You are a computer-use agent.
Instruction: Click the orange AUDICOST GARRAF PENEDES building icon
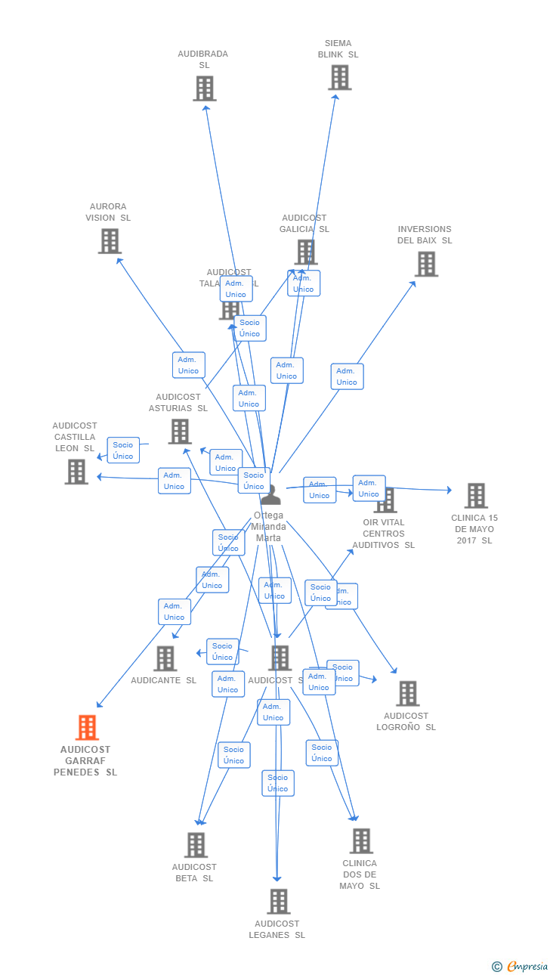tap(88, 727)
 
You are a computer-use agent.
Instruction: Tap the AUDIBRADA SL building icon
tap(204, 88)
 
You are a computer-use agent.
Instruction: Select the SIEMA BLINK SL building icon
tap(339, 77)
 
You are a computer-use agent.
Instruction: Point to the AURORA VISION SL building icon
tap(110, 241)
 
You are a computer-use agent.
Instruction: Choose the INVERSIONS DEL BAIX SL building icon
tap(426, 264)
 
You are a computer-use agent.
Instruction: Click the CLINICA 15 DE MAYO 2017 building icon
tap(475, 495)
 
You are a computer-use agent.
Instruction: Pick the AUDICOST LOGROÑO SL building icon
tap(407, 693)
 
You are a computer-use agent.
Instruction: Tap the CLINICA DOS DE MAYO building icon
tap(361, 840)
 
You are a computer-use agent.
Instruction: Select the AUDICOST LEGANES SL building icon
tap(278, 901)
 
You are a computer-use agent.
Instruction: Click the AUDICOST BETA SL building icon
tap(195, 845)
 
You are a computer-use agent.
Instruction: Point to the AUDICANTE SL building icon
tap(165, 658)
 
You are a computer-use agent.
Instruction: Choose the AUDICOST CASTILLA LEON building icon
tap(76, 472)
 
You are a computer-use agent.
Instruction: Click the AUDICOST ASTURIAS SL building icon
tap(180, 431)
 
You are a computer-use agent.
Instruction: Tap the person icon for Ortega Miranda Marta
tap(270, 496)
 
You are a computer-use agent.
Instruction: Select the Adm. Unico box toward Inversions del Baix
tap(347, 376)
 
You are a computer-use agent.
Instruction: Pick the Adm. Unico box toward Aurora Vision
tap(189, 365)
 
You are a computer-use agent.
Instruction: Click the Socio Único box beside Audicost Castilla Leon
tap(123, 450)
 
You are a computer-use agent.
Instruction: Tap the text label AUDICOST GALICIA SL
tap(304, 224)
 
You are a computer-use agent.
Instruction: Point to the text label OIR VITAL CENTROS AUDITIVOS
tap(383, 534)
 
